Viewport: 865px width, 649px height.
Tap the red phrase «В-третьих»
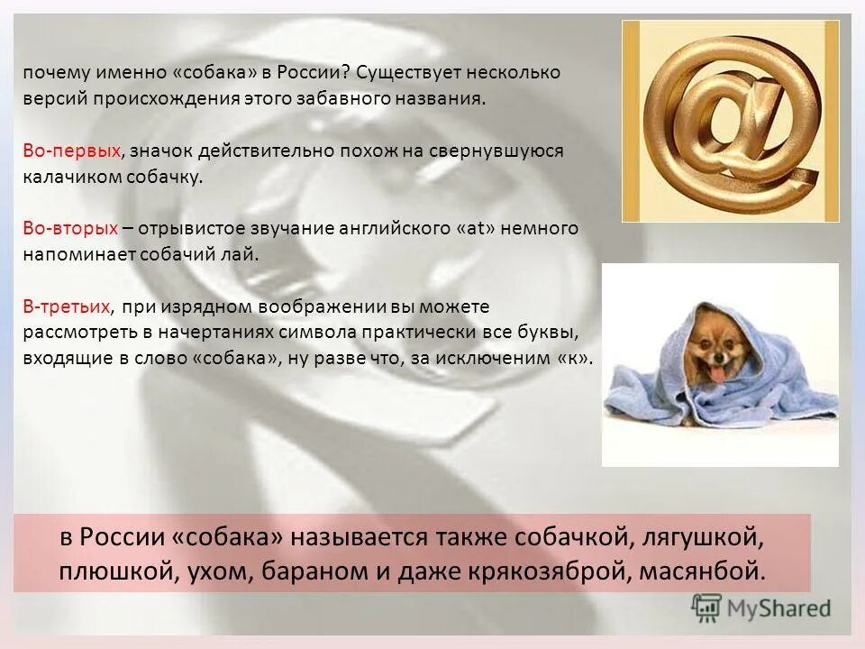(x=68, y=306)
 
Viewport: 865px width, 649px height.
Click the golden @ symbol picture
(x=730, y=121)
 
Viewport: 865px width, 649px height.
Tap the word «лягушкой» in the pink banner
(x=700, y=538)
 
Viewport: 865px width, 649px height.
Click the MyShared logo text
(x=780, y=608)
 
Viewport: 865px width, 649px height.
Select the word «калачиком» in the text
(x=68, y=176)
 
